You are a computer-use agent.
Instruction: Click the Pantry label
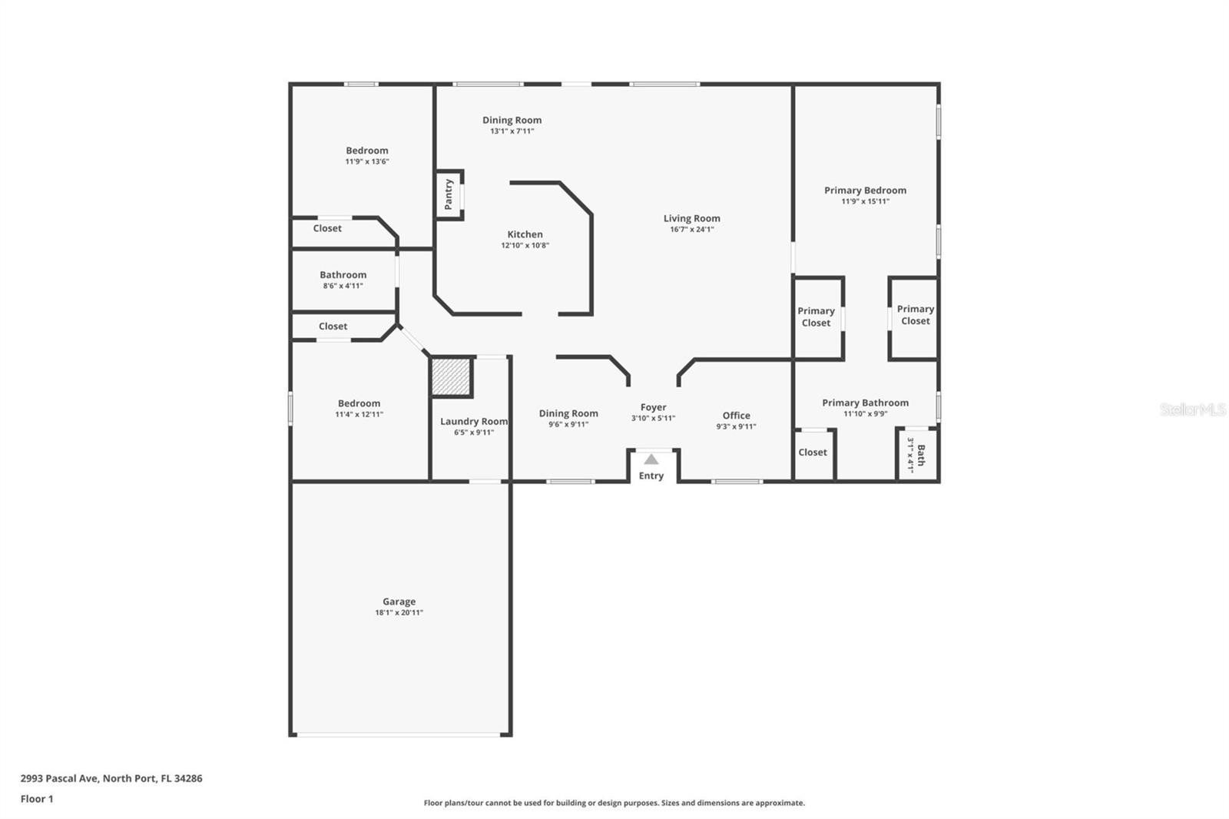pos(449,194)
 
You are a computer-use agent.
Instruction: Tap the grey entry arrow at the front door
pos(651,459)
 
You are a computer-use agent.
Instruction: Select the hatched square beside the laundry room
pos(451,376)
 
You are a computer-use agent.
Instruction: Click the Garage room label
pos(399,601)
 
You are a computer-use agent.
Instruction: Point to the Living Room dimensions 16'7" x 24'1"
pos(692,230)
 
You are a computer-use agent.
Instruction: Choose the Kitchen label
pos(525,234)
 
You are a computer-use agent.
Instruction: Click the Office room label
pos(737,416)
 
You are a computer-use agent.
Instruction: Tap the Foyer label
pos(654,407)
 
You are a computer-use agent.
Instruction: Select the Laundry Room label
pos(474,422)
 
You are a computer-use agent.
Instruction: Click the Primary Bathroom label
pos(865,403)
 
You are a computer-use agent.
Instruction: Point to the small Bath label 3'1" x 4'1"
pos(916,455)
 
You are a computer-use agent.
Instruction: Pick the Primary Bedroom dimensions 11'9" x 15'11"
pos(865,201)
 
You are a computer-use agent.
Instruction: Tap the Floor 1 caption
pos(37,799)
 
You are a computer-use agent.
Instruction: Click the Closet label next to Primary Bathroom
pos(813,453)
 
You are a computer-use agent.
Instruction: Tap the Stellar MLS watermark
pos(1193,409)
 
